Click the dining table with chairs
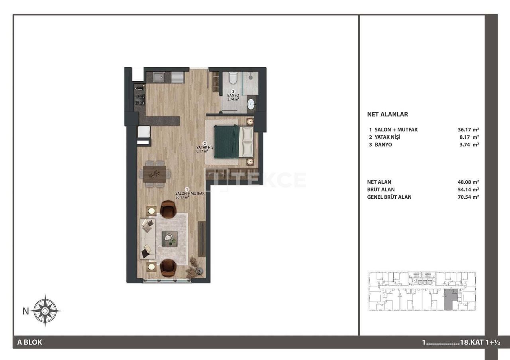(155, 174)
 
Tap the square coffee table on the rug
(169, 238)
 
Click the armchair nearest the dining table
(168, 209)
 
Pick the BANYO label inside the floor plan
(233, 96)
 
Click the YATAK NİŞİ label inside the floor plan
(206, 147)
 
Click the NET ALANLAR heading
(387, 114)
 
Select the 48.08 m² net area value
(468, 182)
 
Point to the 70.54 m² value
(468, 197)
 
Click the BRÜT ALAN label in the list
(381, 190)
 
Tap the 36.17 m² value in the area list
(468, 130)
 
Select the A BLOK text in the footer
(29, 342)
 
